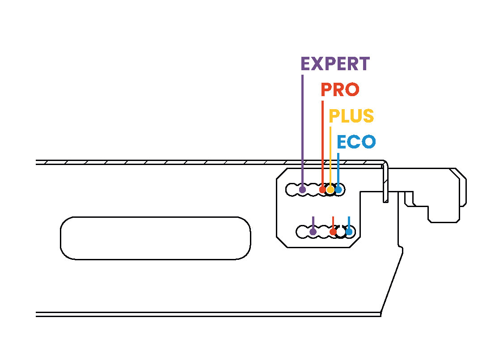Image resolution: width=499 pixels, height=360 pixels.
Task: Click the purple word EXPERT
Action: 335,64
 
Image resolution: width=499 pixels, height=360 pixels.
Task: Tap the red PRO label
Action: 340,90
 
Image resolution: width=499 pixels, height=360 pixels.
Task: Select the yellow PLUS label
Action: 351,116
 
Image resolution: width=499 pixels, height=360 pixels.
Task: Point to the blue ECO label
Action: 356,142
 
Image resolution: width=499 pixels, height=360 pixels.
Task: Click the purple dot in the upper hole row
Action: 302,190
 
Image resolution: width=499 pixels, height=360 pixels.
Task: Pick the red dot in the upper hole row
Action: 322,190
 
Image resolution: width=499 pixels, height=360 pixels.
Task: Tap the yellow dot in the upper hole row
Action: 330,190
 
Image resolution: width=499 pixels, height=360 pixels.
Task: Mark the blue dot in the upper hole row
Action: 338,190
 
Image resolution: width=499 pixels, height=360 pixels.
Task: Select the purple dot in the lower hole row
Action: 313,232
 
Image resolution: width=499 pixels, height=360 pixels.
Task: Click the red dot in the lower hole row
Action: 333,232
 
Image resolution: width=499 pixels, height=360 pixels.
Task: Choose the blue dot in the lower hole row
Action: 349,232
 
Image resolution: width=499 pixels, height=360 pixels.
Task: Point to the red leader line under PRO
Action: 322,143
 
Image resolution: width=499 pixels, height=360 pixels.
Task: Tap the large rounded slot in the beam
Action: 155,238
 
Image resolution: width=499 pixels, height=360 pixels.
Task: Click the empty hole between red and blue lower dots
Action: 341,232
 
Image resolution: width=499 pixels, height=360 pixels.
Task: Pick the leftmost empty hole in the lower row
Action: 303,232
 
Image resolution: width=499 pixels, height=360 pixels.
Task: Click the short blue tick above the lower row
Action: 349,222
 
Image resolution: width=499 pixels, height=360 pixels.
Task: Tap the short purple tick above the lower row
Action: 313,222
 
